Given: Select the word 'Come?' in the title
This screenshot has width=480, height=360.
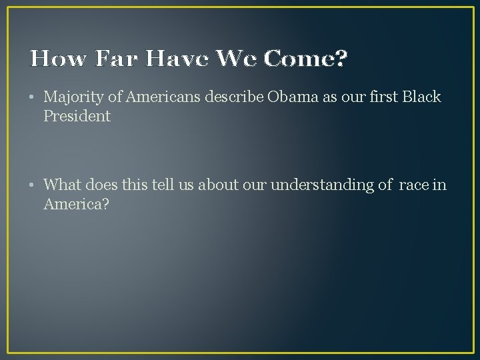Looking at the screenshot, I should click(x=306, y=60).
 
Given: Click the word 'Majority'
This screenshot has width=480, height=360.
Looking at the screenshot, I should click(x=75, y=97).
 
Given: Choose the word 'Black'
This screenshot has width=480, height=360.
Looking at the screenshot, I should click(x=423, y=97).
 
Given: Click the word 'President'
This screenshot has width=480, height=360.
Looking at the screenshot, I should click(x=77, y=116).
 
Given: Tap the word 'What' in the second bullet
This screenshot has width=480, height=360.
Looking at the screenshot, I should click(x=61, y=185).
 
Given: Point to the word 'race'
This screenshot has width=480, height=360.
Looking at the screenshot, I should click(x=413, y=185).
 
